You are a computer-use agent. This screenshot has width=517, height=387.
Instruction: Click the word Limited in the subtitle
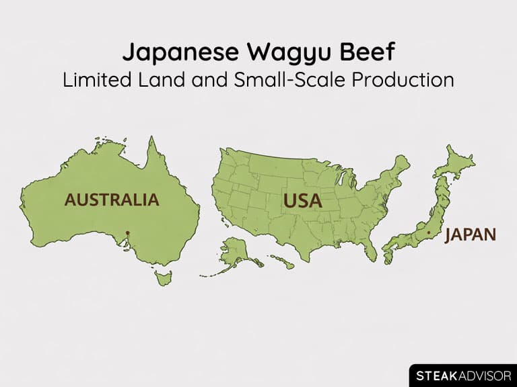coord(94,79)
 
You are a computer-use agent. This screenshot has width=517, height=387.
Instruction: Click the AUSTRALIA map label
coord(112,200)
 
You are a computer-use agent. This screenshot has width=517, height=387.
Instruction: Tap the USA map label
coord(302,201)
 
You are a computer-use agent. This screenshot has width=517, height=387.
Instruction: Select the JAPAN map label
coord(471,234)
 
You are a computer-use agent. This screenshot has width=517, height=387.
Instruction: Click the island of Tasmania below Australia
coord(164,277)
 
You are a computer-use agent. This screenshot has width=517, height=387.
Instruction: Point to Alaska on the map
coord(234,255)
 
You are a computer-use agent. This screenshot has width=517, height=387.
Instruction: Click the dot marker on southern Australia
coord(127,234)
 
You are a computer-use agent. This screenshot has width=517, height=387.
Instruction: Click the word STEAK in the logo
coord(437,375)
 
